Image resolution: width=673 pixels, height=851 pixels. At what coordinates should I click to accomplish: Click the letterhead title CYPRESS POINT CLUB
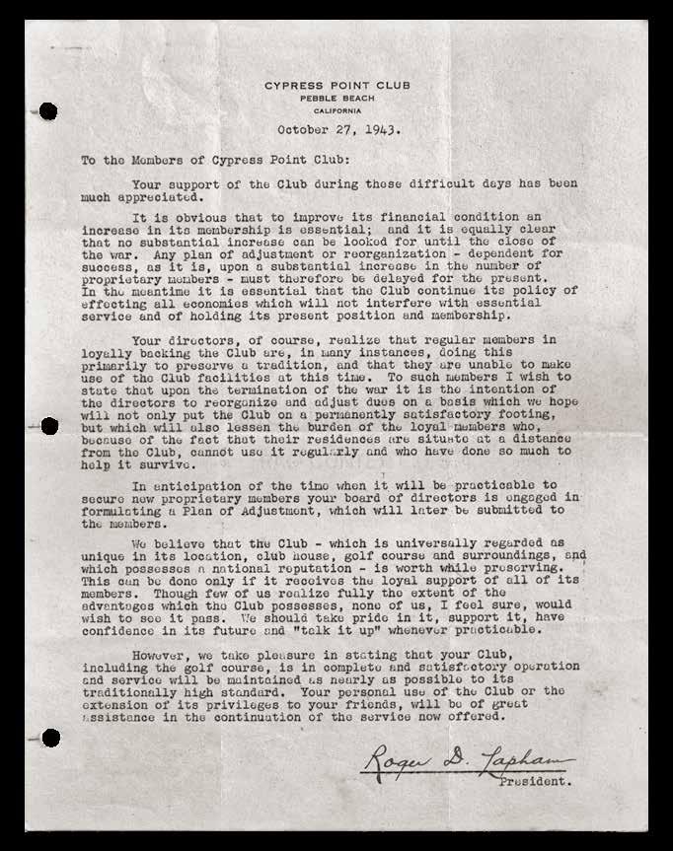coord(336,86)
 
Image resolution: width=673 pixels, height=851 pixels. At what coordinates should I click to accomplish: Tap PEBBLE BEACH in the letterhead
coord(336,99)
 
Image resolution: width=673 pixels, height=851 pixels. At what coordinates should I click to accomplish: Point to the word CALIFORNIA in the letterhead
coord(336,110)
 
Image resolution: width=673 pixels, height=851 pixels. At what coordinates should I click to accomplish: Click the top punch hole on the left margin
coord(47,111)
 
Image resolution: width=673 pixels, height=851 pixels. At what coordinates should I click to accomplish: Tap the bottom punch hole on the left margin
coord(48,738)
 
